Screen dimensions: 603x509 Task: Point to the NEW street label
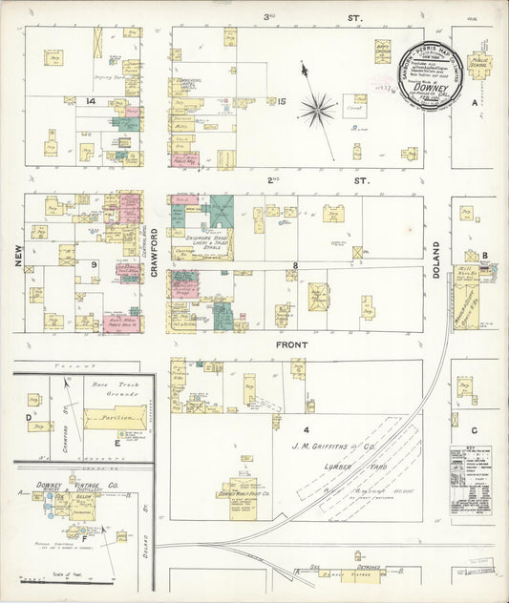[x=16, y=257]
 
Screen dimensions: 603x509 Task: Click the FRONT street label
[x=291, y=343]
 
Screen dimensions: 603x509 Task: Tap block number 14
[x=91, y=100]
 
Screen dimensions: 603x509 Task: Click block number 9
[x=94, y=263]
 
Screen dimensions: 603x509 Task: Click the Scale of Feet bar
[x=41, y=578]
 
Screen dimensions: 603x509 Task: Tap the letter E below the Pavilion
[x=117, y=442]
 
